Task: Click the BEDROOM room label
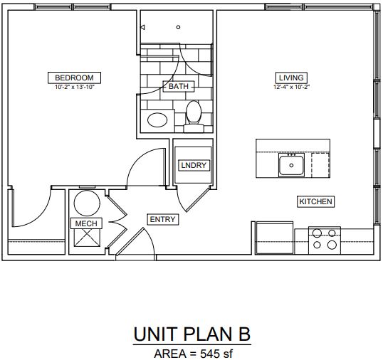click(x=74, y=78)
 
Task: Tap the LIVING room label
click(x=291, y=78)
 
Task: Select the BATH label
click(x=179, y=86)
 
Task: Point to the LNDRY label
click(x=194, y=165)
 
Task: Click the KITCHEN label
click(x=315, y=201)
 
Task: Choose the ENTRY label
click(x=163, y=219)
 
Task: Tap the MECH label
click(x=86, y=223)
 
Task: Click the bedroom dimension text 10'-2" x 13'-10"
click(x=74, y=87)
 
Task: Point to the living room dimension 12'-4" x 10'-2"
click(x=291, y=87)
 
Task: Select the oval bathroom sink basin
click(x=157, y=120)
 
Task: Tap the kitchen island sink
click(x=291, y=165)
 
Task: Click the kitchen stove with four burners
click(x=325, y=240)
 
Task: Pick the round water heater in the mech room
click(x=87, y=203)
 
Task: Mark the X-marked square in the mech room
click(x=87, y=238)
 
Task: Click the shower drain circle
click(x=178, y=27)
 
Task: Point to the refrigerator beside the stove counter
click(x=274, y=238)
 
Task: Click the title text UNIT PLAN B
click(x=192, y=334)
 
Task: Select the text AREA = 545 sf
click(x=194, y=354)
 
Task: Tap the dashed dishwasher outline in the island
click(x=320, y=165)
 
